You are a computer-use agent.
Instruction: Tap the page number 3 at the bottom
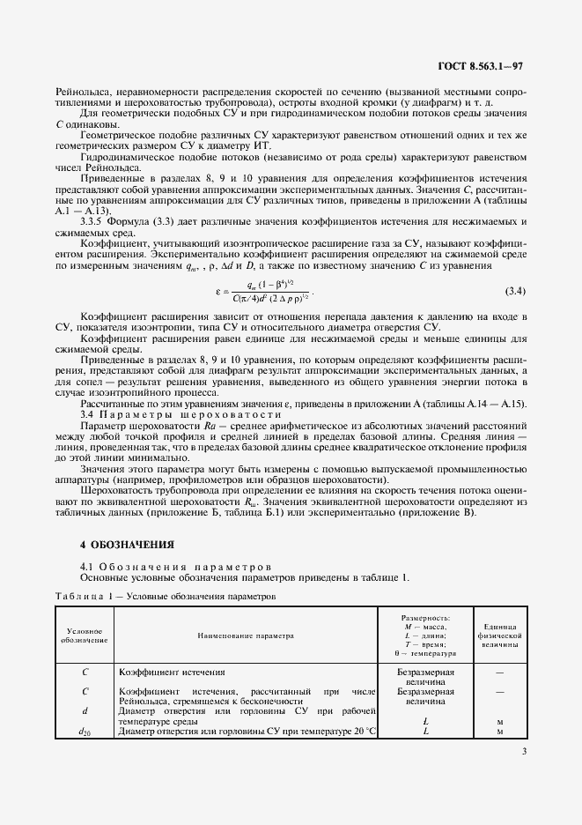tap(524, 752)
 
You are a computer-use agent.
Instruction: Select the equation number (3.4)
tap(515, 291)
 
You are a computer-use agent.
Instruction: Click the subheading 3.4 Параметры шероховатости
tap(154, 412)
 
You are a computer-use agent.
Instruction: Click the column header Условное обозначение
tap(84, 635)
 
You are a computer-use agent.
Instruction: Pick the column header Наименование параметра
tap(246, 635)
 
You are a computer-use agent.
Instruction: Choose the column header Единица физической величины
tap(499, 635)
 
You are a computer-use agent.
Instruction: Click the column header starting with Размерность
tap(425, 636)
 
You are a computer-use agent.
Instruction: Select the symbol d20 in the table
tap(85, 732)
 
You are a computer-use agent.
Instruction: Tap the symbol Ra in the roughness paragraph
tap(210, 423)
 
